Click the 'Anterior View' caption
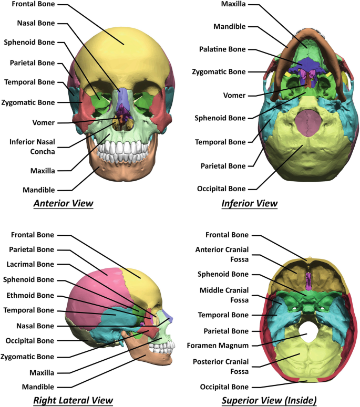63,203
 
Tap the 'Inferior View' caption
250,203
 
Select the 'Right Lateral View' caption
73,401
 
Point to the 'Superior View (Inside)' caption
269,401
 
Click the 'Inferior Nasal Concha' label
34,145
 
